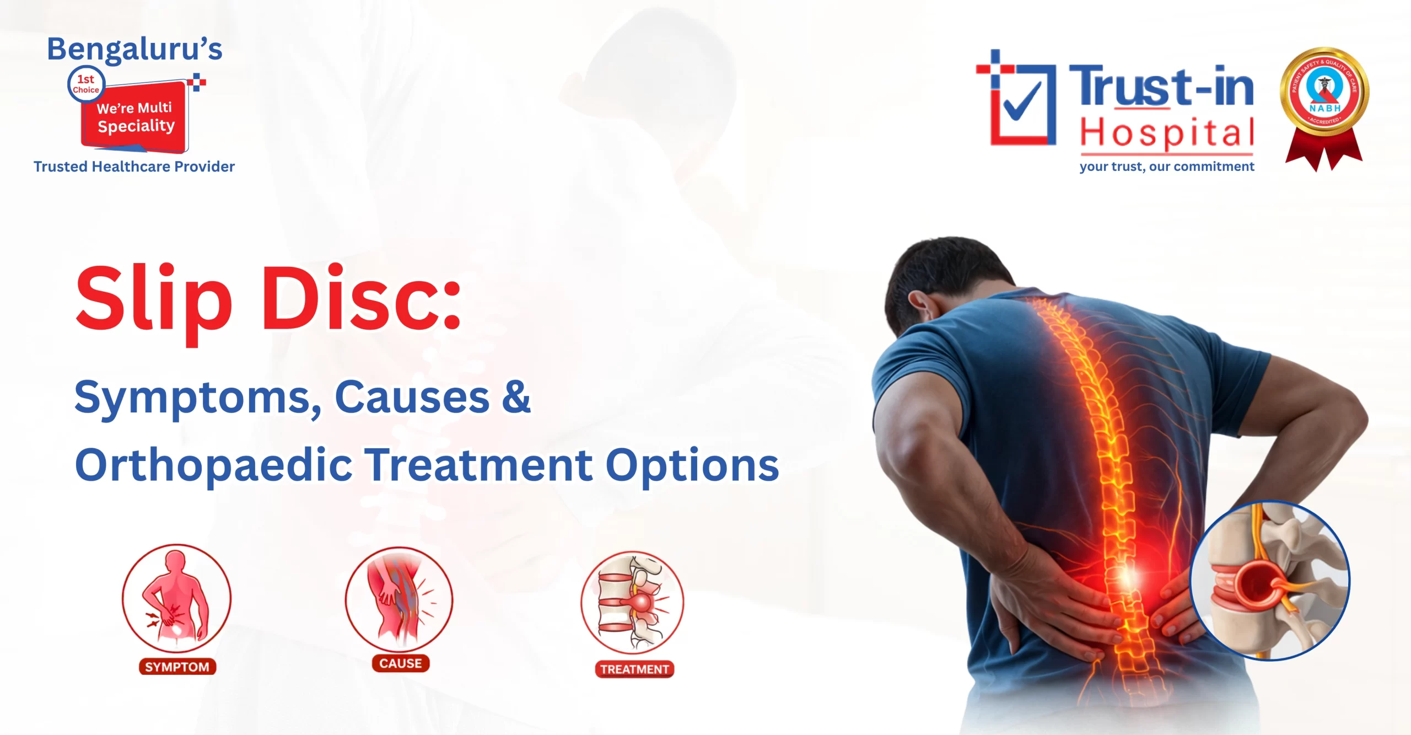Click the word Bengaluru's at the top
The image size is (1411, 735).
[x=134, y=50]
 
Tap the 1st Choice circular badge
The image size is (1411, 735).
[x=86, y=84]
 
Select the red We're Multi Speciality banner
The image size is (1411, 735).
[x=136, y=117]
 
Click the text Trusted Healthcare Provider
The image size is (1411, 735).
[x=134, y=167]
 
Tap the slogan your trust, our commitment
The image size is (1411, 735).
[x=1166, y=167]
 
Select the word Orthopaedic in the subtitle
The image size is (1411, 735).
[x=213, y=465]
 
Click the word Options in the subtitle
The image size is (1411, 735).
[x=692, y=465]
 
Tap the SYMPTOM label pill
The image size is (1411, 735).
[x=177, y=667]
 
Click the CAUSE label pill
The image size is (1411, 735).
[x=401, y=663]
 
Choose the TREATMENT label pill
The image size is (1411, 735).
[x=634, y=669]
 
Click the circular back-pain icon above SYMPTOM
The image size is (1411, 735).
[x=176, y=598]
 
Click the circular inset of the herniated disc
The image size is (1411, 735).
[x=1269, y=581]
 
